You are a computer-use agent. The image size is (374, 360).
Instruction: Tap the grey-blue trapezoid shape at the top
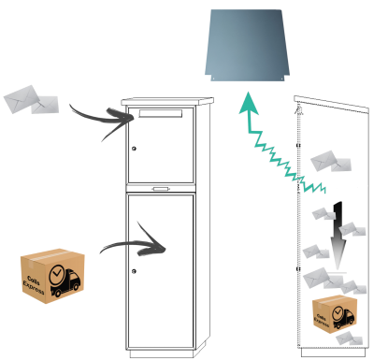pos(249,44)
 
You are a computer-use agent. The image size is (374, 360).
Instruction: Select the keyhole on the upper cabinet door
pos(135,148)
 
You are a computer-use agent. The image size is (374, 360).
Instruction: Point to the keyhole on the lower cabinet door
pos(135,270)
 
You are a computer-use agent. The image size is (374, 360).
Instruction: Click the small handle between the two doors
pos(162,188)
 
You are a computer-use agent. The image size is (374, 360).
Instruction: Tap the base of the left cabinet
pos(163,353)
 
